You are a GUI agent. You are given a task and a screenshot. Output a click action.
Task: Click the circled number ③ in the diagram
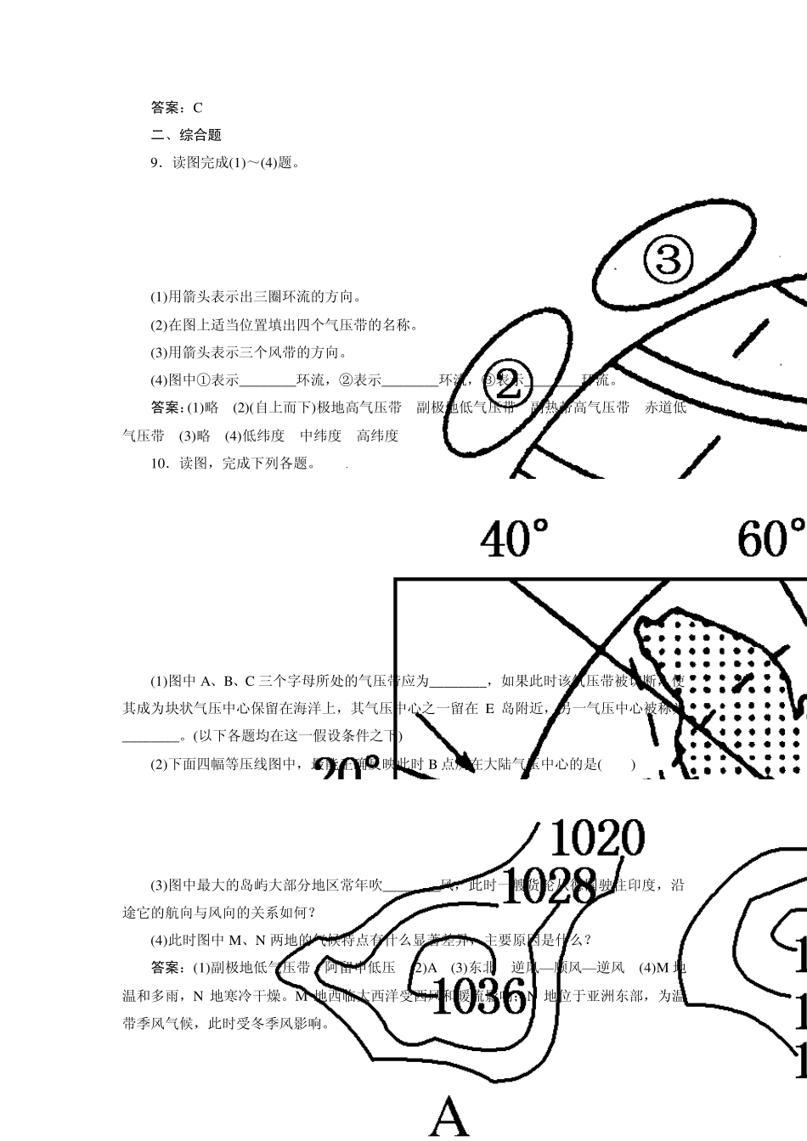669,257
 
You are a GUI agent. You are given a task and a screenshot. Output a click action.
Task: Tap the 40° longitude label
515,538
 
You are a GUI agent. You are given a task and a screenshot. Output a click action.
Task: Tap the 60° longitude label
770,538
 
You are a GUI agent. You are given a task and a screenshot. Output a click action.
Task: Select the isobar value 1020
597,839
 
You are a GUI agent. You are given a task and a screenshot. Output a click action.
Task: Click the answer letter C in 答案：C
198,108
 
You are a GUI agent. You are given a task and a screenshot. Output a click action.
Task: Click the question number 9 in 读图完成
155,163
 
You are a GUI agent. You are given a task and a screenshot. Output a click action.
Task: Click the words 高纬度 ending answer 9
377,436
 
